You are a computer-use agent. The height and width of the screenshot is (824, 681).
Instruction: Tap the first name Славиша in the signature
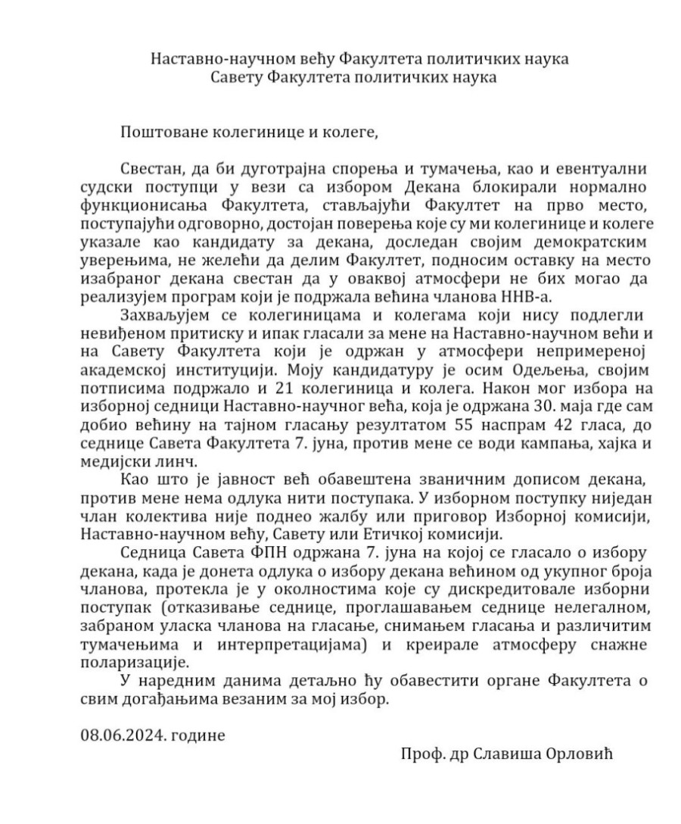pos(514,756)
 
